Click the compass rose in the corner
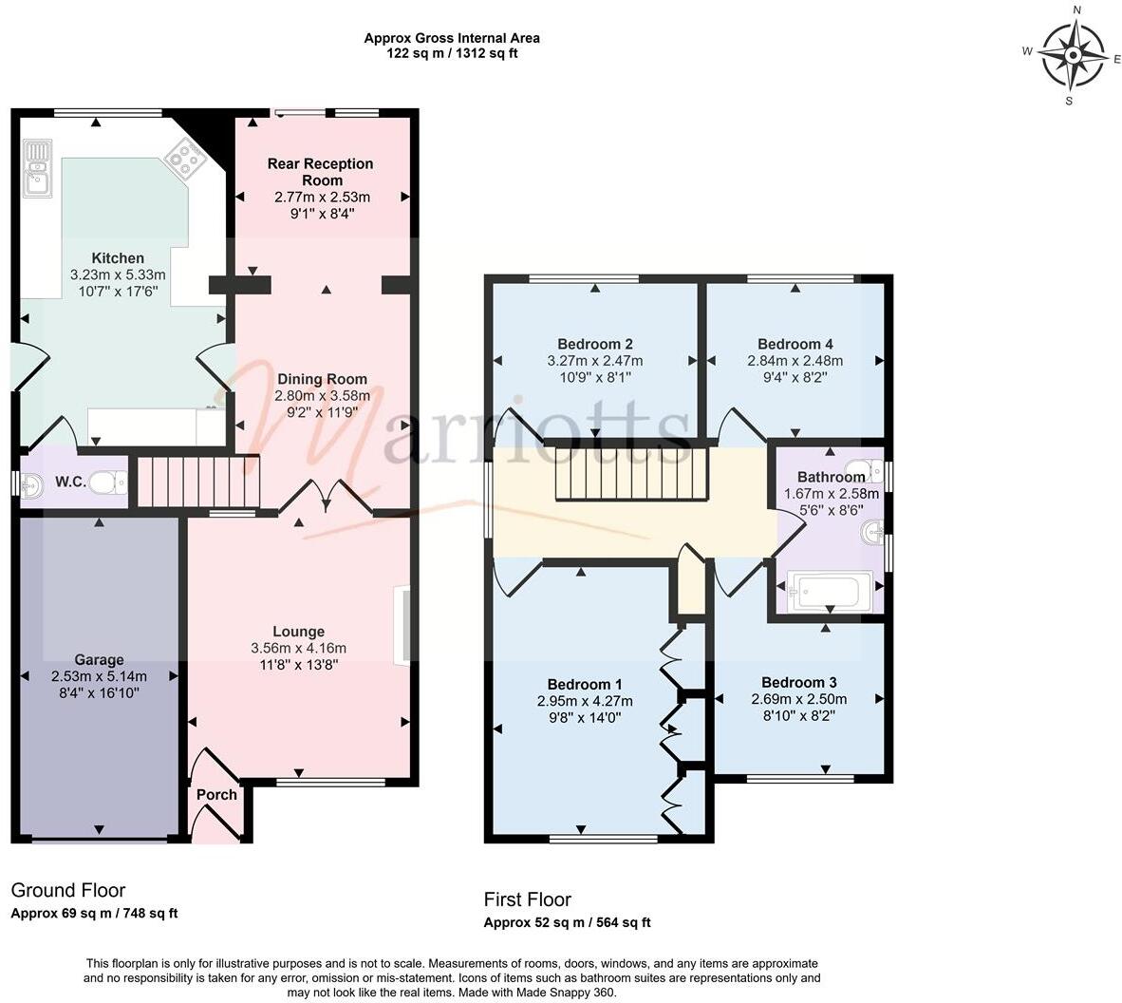point(1072,55)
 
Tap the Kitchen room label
point(118,258)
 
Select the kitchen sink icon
point(38,167)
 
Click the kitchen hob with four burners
point(185,159)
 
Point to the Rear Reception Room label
point(321,172)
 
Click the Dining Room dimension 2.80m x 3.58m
point(321,396)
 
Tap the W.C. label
point(70,483)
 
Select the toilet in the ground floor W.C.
point(111,483)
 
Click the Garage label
point(100,660)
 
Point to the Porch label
point(216,794)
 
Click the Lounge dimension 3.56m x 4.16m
point(298,649)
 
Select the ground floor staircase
point(198,483)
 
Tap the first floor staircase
point(632,474)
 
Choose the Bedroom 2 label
point(595,344)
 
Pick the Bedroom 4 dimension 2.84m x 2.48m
point(795,361)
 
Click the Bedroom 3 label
point(799,682)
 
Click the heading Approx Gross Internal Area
point(452,38)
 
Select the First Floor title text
point(528,899)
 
